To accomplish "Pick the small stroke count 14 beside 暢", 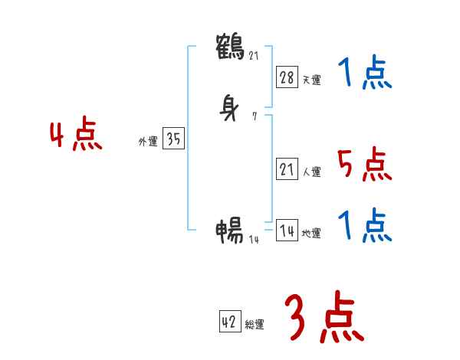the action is coord(255,239).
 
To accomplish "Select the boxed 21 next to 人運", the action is coord(287,170).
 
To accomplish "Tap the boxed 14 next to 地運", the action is coord(287,231).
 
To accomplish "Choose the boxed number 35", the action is coord(173,139).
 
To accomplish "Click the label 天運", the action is coord(311,79).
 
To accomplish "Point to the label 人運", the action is coord(311,172).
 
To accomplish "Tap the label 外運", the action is coord(148,142).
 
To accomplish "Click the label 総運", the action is coord(255,325).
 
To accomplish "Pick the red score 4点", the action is coord(76,136).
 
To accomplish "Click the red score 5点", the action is coord(363,164).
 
